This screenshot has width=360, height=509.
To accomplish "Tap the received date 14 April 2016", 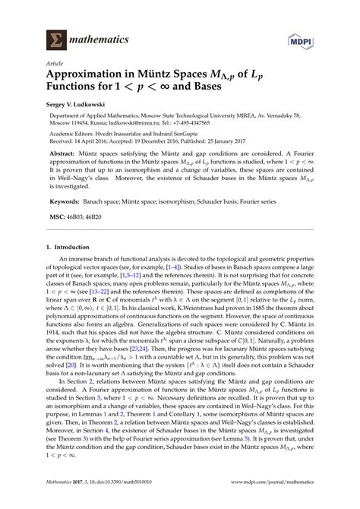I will [105, 156].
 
